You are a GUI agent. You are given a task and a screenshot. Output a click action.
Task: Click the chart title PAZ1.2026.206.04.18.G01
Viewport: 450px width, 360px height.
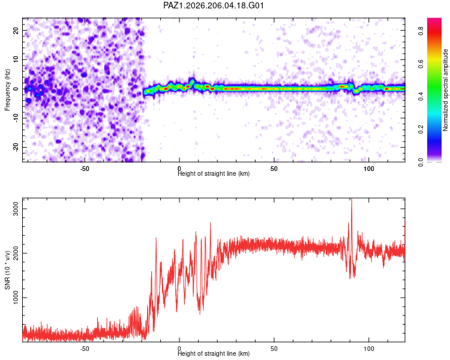coord(213,5)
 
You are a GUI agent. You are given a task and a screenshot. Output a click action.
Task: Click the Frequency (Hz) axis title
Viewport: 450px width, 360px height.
coord(7,90)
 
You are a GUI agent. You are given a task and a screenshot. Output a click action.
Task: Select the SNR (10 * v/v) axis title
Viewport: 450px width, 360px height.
coord(7,270)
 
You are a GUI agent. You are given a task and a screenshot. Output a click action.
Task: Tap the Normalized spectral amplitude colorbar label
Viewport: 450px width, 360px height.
coord(445,90)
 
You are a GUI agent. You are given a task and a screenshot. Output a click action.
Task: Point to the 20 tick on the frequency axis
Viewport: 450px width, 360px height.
coord(16,30)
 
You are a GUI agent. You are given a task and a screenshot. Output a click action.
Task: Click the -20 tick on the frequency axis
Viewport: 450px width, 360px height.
coord(16,147)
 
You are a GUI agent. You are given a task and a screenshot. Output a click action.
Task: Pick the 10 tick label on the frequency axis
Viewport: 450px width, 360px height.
coord(16,59)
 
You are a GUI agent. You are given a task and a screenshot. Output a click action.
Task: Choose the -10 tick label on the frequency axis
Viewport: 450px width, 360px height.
coord(16,118)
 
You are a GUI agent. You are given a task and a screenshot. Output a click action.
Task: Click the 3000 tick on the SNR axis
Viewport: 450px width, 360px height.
coord(16,209)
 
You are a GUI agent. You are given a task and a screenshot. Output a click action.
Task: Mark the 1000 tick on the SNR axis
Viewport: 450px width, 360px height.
coord(16,298)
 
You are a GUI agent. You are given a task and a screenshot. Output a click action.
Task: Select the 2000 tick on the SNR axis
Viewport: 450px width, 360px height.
coord(16,253)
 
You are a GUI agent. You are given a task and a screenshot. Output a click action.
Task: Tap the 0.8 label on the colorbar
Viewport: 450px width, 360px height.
coord(421,31)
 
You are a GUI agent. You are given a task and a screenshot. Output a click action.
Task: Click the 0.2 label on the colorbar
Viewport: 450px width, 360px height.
coord(421,130)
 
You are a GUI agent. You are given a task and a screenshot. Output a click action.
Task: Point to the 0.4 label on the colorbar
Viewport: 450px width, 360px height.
coord(421,97)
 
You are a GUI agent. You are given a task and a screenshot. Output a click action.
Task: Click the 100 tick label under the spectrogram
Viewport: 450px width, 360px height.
coord(369,169)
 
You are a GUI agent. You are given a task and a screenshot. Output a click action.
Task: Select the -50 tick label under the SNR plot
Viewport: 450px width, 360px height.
coord(85,349)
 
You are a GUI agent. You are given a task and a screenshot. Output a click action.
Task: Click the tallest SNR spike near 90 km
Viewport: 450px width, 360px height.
coord(352,199)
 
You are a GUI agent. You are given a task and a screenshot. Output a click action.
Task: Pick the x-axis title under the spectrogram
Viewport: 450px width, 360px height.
coord(214,174)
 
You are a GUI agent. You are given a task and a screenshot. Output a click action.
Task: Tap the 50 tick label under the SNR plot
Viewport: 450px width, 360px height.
coord(274,349)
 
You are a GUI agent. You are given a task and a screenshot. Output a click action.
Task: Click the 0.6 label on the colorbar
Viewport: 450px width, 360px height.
coord(421,64)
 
